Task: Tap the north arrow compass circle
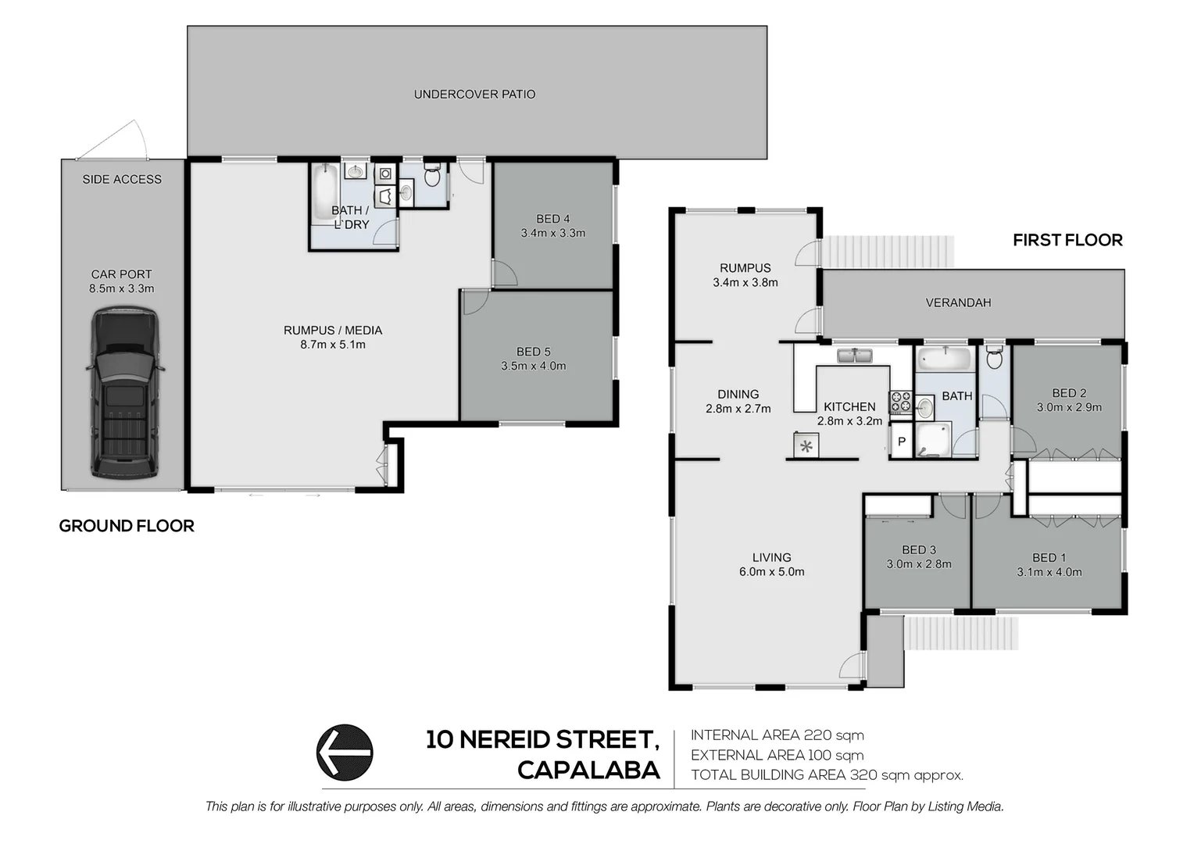(345, 753)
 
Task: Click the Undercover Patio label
(474, 95)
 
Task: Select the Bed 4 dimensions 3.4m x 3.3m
(553, 233)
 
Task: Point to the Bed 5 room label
(533, 352)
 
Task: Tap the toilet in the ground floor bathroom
(431, 175)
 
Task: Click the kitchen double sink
(856, 356)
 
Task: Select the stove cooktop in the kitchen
(900, 402)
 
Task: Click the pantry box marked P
(901, 442)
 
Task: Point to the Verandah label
(958, 302)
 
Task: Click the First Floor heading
(1067, 240)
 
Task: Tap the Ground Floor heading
(127, 526)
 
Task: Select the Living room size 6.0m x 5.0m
(771, 572)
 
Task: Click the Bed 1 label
(1049, 557)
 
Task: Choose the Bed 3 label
(918, 549)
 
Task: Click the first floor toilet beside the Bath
(994, 359)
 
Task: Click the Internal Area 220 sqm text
(777, 735)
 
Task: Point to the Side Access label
(122, 180)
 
